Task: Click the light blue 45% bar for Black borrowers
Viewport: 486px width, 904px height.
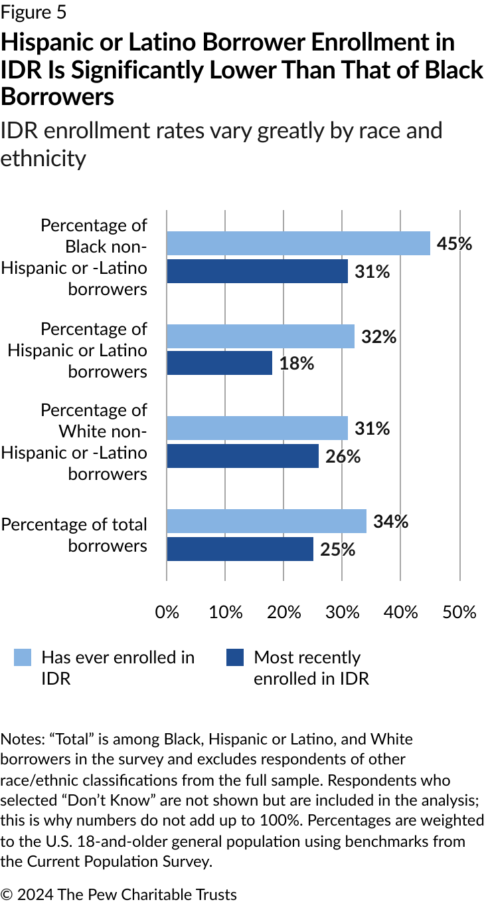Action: click(298, 243)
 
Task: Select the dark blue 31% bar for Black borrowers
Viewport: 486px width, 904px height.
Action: click(257, 271)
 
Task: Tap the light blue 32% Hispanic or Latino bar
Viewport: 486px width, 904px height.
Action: click(260, 336)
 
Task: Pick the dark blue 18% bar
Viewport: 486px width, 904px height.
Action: click(219, 363)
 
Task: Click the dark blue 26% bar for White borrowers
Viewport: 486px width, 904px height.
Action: click(242, 456)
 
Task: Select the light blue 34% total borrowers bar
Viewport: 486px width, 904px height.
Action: click(266, 521)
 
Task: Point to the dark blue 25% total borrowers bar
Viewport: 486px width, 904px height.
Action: click(240, 549)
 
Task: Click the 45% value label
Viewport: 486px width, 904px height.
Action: click(454, 244)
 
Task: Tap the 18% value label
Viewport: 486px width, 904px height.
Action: click(296, 364)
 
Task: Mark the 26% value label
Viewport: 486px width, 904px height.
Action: click(343, 457)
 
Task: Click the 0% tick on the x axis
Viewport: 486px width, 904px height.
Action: click(167, 612)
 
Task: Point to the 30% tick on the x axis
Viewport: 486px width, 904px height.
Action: click(343, 612)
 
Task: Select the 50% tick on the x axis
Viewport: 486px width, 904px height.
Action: click(459, 612)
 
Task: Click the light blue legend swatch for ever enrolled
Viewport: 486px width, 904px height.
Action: click(23, 657)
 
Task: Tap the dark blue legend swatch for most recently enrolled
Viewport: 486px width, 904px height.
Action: click(235, 657)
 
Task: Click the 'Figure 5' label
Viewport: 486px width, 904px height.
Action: click(33, 12)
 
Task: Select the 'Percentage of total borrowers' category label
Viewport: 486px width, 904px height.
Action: click(74, 534)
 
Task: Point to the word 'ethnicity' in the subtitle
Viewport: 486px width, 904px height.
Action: click(43, 159)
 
